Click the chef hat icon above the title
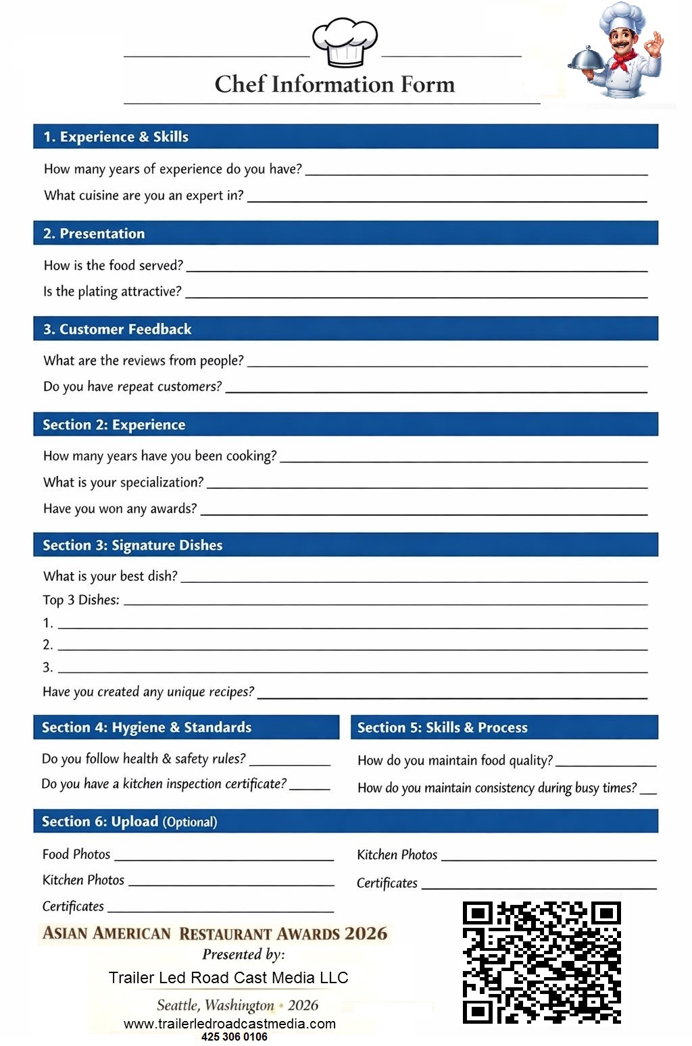pyautogui.click(x=345, y=42)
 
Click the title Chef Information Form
pyautogui.click(x=335, y=84)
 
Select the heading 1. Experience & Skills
pyautogui.click(x=116, y=136)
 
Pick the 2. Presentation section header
pyautogui.click(x=94, y=234)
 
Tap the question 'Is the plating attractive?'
pyautogui.click(x=112, y=292)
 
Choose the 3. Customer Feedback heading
pyautogui.click(x=118, y=330)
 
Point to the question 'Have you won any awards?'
pyautogui.click(x=120, y=508)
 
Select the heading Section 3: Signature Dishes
pyautogui.click(x=132, y=545)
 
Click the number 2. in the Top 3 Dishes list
pyautogui.click(x=47, y=645)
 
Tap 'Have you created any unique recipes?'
pyautogui.click(x=148, y=691)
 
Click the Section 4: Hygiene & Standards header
pyautogui.click(x=147, y=727)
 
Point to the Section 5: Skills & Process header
pyautogui.click(x=443, y=727)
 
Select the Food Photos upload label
pyautogui.click(x=76, y=854)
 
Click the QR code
pyautogui.click(x=541, y=962)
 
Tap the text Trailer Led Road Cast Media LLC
pyautogui.click(x=228, y=978)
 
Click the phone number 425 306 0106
pyautogui.click(x=234, y=1037)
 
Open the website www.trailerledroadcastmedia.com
pyautogui.click(x=230, y=1024)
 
